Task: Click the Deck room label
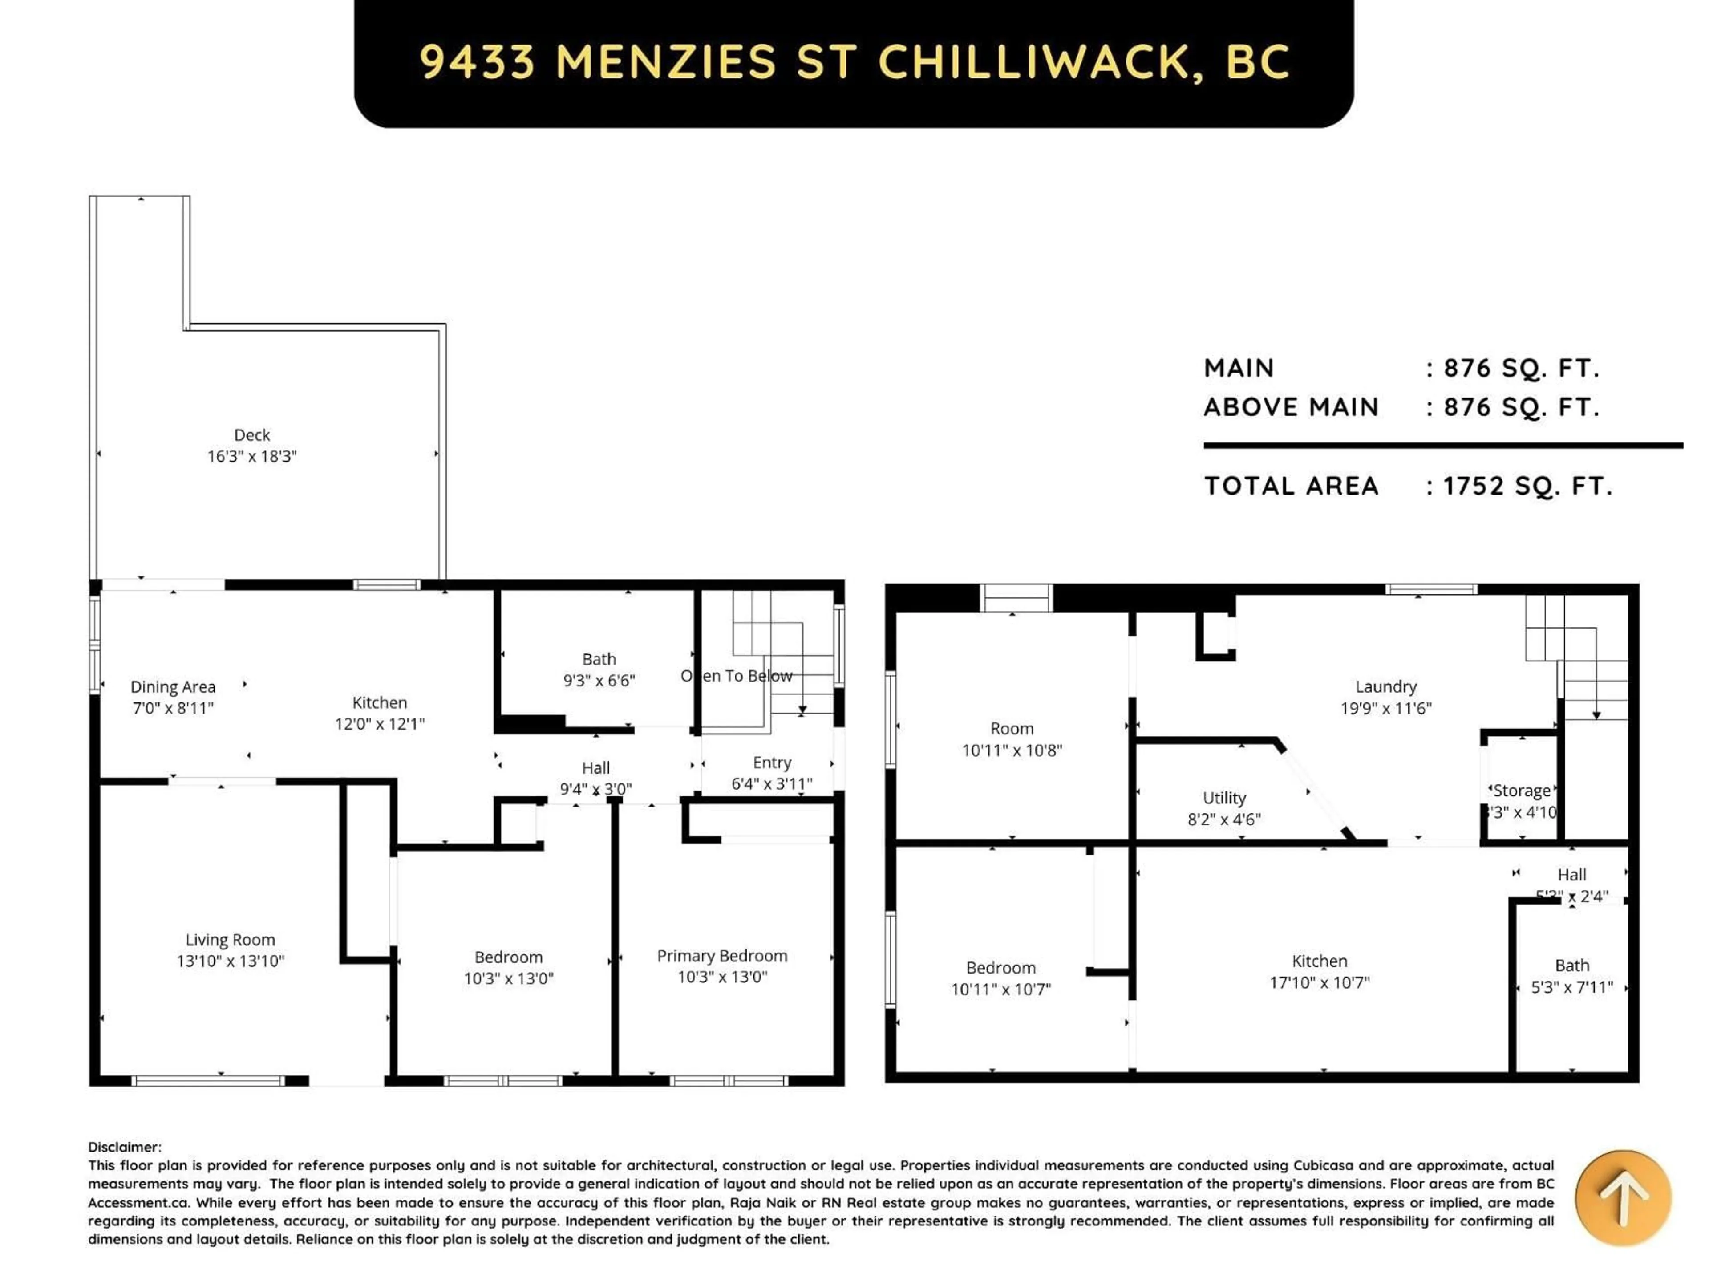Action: pos(252,435)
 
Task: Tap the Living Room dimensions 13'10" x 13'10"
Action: pos(230,961)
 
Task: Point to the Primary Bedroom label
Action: pos(721,956)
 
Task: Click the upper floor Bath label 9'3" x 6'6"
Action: pos(599,669)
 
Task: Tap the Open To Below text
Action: pos(736,676)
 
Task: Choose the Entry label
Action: pos(772,763)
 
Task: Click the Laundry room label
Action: pos(1386,687)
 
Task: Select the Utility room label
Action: pos(1224,798)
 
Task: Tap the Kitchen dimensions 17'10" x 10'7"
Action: pos(1320,982)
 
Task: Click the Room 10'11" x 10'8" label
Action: pos(1011,739)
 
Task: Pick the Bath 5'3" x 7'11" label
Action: pos(1571,976)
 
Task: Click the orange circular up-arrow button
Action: pos(1623,1198)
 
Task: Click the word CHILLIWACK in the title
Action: pos(1034,62)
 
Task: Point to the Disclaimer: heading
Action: pos(124,1147)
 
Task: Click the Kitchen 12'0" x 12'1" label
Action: pos(379,713)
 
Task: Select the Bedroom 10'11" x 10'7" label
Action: pos(1000,978)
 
